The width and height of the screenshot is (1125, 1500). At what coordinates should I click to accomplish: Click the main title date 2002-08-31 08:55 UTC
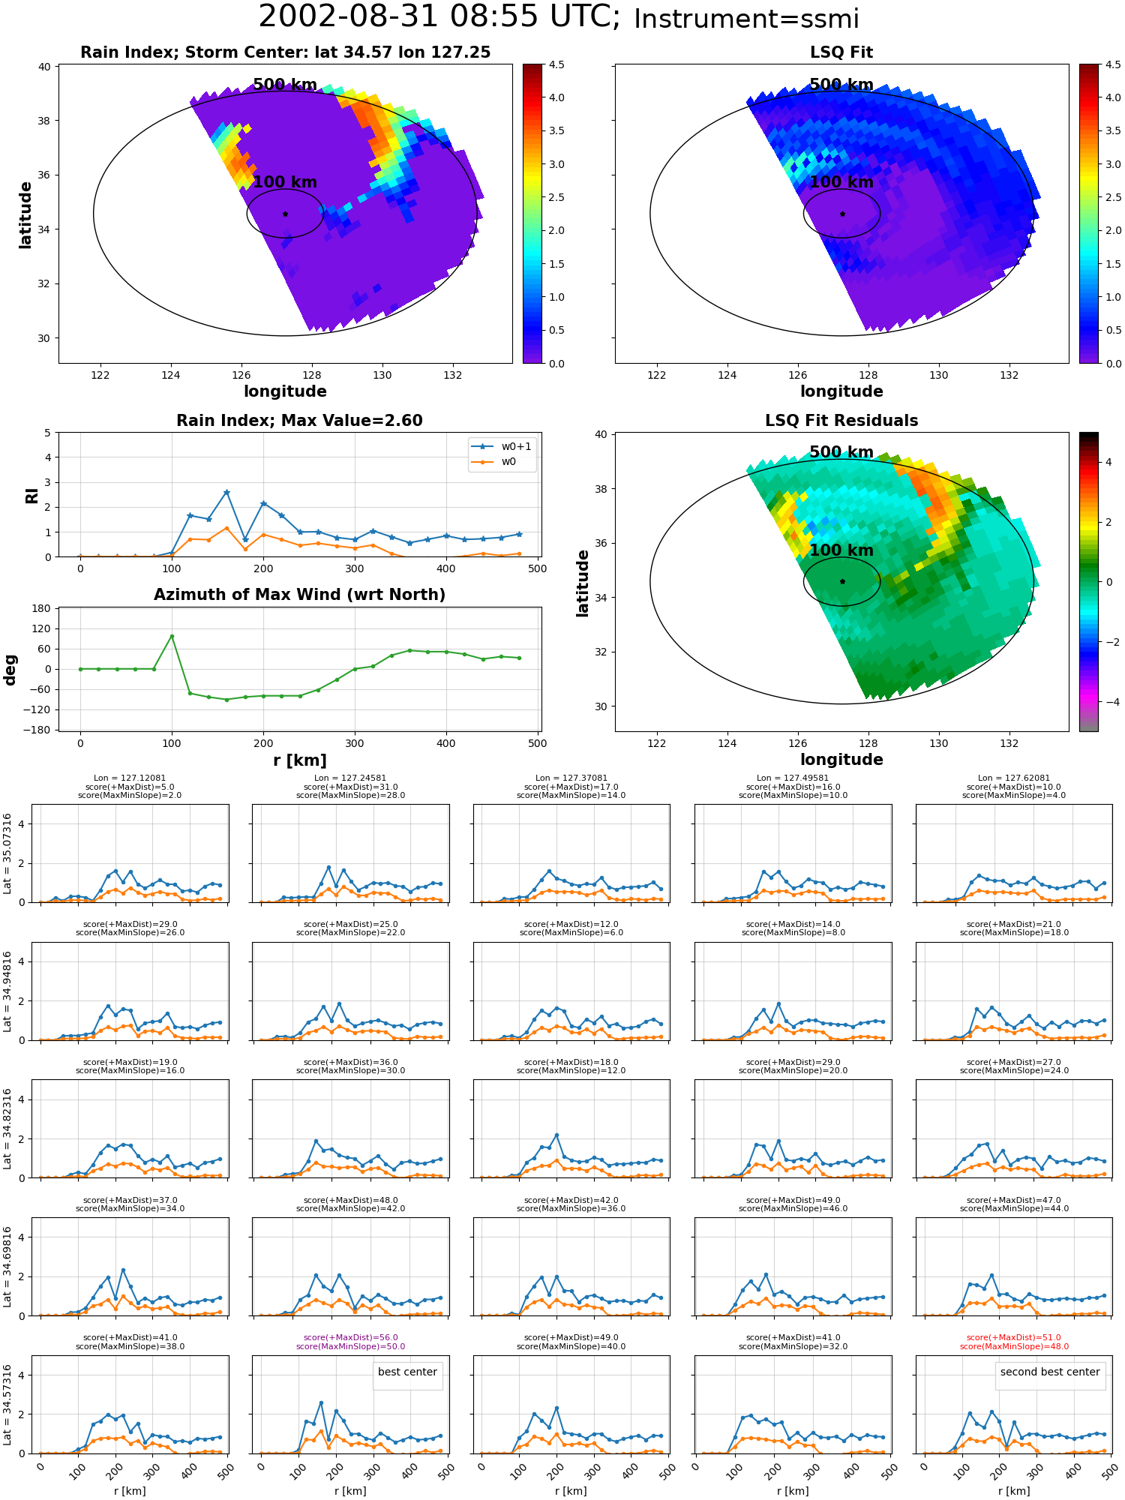pyautogui.click(x=439, y=17)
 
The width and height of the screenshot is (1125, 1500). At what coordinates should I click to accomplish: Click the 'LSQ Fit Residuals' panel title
pyautogui.click(x=841, y=421)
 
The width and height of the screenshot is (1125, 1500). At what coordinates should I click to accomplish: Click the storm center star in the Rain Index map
pyautogui.click(x=285, y=214)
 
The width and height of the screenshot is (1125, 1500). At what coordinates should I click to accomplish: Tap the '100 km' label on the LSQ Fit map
pyautogui.click(x=841, y=182)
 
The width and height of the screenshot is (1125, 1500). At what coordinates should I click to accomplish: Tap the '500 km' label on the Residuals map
pyautogui.click(x=841, y=452)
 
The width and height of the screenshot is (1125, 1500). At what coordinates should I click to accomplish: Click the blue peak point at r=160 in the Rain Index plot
pyautogui.click(x=226, y=492)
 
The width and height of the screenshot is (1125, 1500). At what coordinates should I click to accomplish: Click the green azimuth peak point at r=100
pyautogui.click(x=172, y=636)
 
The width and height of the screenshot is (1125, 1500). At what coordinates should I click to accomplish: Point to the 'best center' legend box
pyautogui.click(x=407, y=1372)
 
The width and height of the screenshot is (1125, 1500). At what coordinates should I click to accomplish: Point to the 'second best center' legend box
pyautogui.click(x=1050, y=1372)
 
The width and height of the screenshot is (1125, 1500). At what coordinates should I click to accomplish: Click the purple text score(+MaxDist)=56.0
pyautogui.click(x=351, y=1337)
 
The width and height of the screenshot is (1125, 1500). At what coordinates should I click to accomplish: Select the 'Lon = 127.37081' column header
pyautogui.click(x=571, y=778)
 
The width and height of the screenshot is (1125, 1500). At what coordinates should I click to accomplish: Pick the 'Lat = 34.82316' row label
pyautogui.click(x=7, y=1129)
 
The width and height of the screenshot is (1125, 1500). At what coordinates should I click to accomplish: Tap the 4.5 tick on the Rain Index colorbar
pyautogui.click(x=556, y=64)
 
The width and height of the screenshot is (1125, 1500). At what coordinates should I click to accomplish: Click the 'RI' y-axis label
pyautogui.click(x=31, y=495)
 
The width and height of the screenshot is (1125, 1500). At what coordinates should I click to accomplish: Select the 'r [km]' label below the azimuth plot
pyautogui.click(x=300, y=760)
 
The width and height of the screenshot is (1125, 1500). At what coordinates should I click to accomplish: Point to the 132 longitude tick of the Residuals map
pyautogui.click(x=1009, y=743)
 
